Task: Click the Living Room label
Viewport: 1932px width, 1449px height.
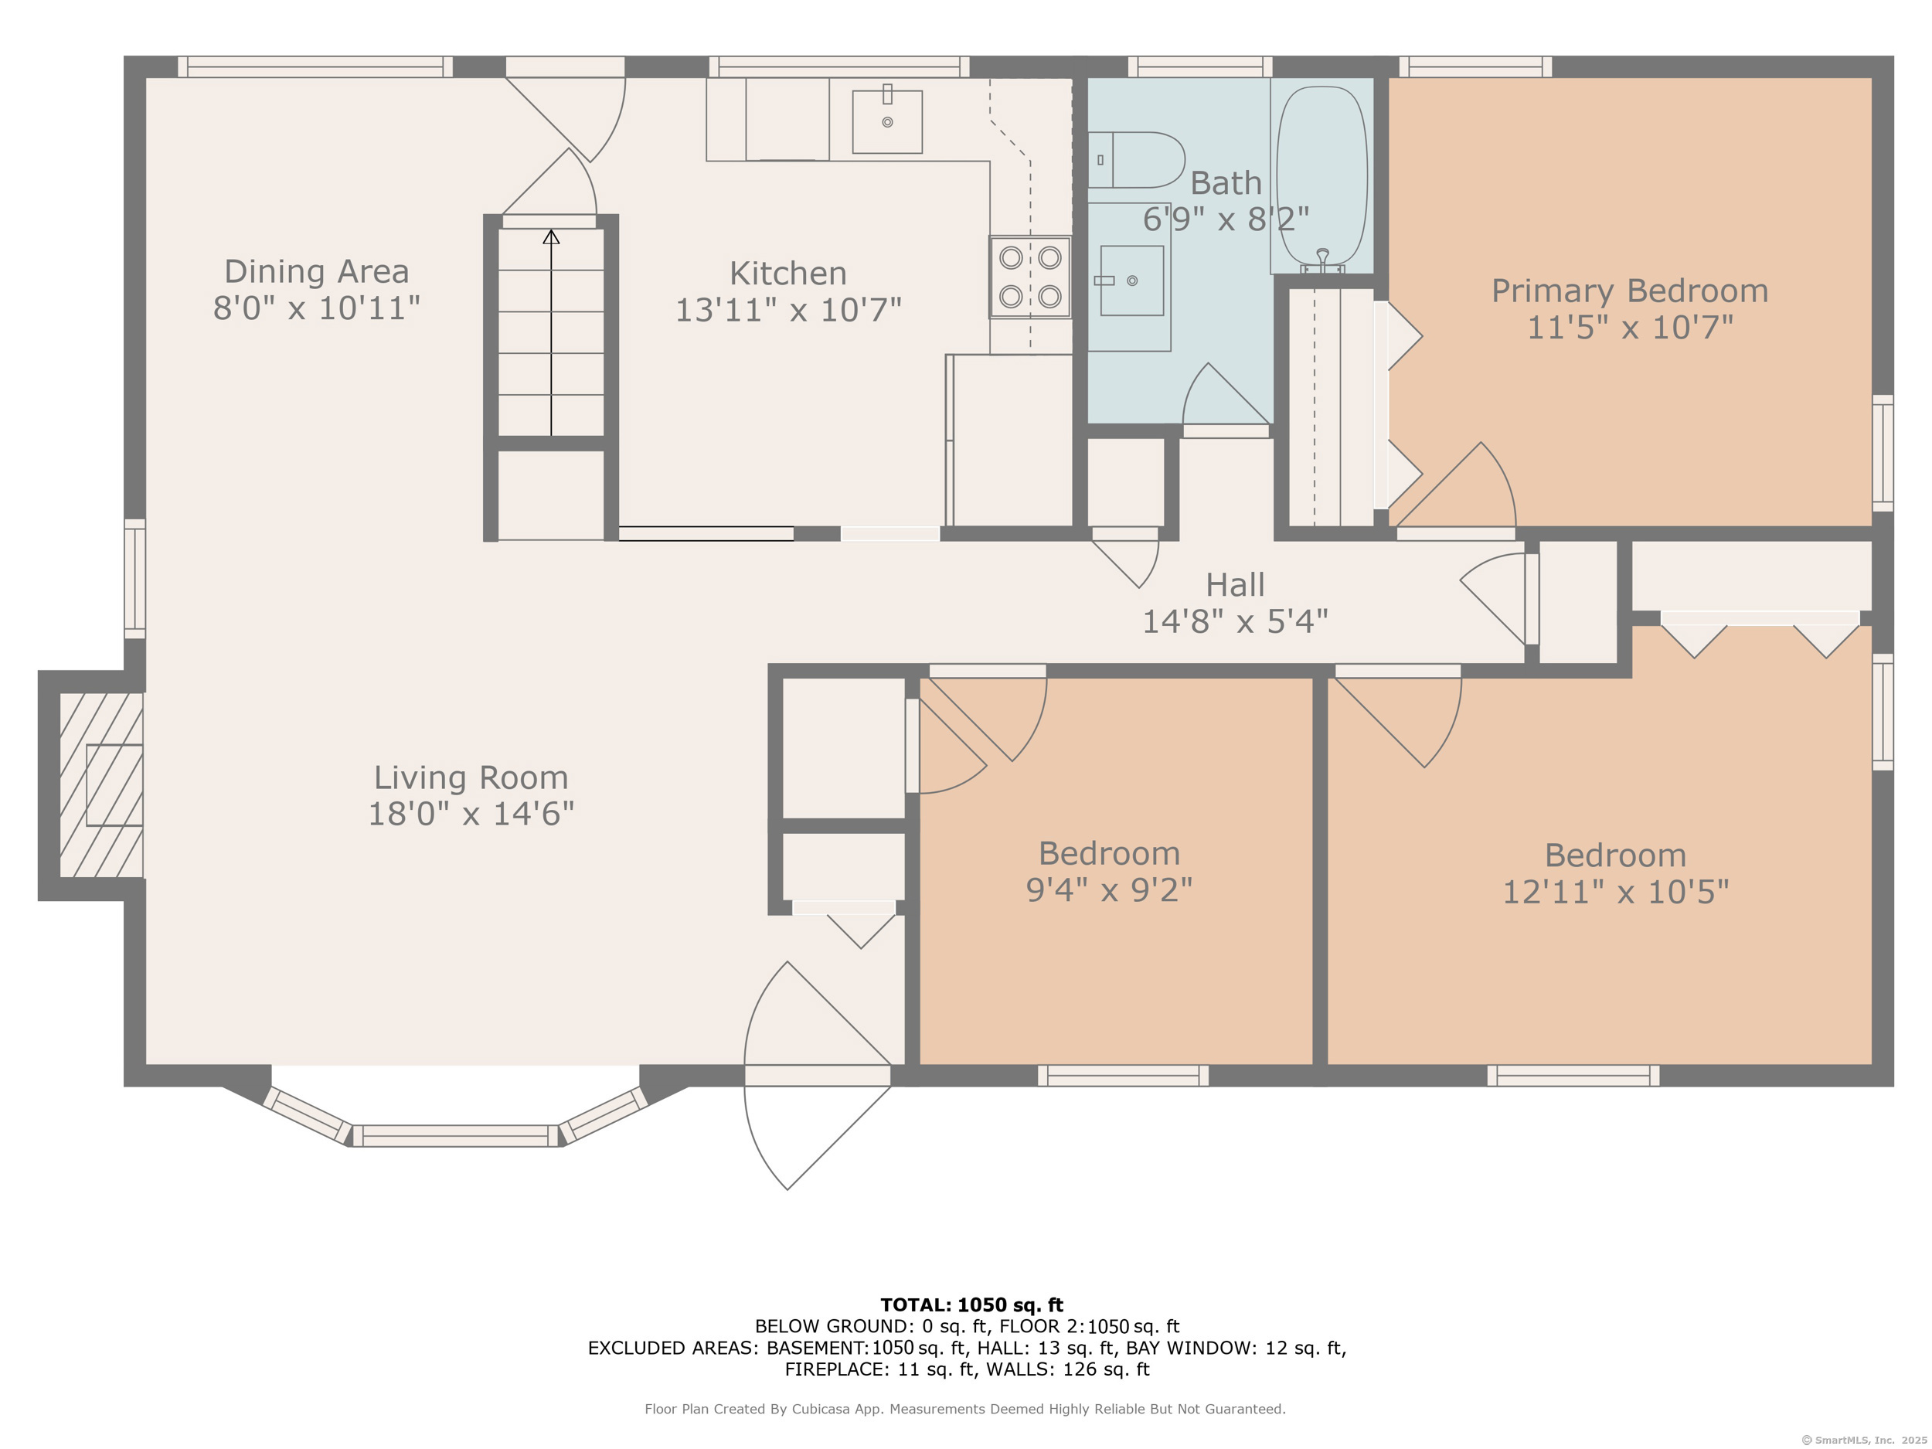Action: coord(471,777)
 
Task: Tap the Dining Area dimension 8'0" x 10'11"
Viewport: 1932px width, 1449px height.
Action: coord(317,308)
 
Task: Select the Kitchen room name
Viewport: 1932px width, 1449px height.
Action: coord(787,274)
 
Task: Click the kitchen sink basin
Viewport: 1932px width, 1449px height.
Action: coord(887,122)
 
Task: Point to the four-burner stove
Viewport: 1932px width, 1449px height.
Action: coord(1031,277)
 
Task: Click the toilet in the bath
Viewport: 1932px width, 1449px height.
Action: coord(1135,160)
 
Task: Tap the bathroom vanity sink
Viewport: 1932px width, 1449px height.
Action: coord(1132,281)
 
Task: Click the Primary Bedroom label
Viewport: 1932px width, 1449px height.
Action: coord(1630,291)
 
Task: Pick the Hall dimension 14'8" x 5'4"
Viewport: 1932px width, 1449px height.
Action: coord(1235,622)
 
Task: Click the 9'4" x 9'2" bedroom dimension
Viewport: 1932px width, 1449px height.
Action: coord(1109,890)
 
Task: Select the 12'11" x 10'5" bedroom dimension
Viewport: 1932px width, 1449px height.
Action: coord(1616,892)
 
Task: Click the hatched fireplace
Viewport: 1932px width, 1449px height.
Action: coord(101,785)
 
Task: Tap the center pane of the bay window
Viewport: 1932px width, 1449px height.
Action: coord(455,1135)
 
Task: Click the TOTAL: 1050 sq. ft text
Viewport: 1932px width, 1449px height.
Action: coord(971,1305)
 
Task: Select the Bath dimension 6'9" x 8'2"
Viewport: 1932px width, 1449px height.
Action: coord(1226,219)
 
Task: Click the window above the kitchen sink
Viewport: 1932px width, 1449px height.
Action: coord(839,66)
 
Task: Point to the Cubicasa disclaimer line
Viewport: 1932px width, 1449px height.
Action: coord(965,1409)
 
